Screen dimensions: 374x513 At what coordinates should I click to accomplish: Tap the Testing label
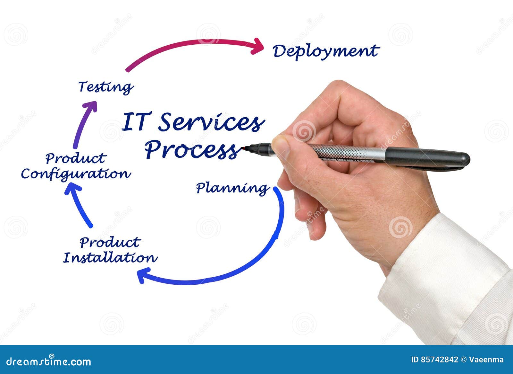(x=106, y=87)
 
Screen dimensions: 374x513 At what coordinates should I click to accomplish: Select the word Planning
(x=232, y=188)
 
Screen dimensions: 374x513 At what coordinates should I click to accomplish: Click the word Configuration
(x=76, y=174)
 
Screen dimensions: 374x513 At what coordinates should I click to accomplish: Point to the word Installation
(x=110, y=258)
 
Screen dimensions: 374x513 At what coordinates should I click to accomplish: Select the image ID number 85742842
(x=439, y=360)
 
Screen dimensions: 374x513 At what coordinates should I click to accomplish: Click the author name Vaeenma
(x=486, y=360)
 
